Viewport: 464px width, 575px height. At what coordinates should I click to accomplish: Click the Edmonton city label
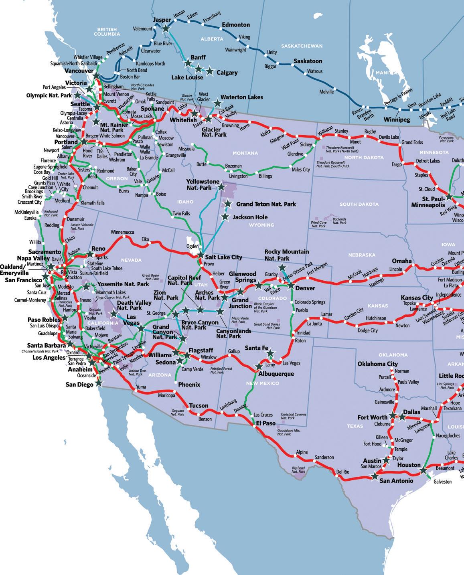[236, 25]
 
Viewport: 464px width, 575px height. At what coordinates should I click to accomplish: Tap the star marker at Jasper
[165, 28]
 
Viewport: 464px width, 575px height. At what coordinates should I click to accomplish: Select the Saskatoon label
[308, 61]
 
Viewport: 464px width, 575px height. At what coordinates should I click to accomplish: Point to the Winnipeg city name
[397, 120]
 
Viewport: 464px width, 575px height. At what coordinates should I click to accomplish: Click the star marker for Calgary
[209, 72]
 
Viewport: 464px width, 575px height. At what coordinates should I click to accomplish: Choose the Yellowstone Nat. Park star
[221, 186]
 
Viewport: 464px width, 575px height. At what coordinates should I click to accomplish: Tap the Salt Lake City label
[223, 257]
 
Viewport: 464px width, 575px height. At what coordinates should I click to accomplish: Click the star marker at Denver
[291, 286]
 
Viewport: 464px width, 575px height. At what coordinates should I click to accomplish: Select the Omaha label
[402, 261]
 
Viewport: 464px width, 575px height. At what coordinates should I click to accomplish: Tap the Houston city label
[409, 465]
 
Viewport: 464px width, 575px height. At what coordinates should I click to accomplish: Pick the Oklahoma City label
[377, 364]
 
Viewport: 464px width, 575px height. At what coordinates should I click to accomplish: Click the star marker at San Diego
[99, 383]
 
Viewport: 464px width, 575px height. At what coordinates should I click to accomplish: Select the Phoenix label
[189, 385]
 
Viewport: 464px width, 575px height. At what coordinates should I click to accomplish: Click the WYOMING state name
[261, 225]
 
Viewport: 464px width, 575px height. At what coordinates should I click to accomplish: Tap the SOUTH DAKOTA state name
[359, 204]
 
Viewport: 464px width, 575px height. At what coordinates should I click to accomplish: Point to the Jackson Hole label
[250, 217]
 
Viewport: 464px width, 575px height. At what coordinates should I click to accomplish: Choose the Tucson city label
[198, 405]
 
